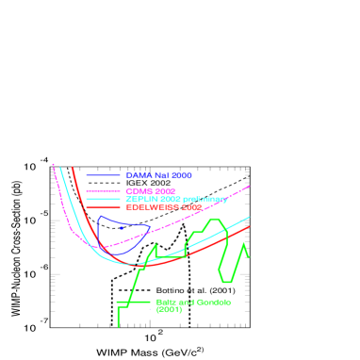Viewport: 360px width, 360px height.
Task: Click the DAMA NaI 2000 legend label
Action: (x=158, y=176)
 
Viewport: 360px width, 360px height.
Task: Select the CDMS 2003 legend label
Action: (x=151, y=191)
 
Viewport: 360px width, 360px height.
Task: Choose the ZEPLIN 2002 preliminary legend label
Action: (x=176, y=199)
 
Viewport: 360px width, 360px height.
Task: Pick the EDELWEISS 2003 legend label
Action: (x=163, y=206)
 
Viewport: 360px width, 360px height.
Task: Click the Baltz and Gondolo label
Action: (x=193, y=303)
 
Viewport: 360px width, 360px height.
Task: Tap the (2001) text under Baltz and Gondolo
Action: (x=169, y=310)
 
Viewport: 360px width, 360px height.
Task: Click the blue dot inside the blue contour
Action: (x=122, y=227)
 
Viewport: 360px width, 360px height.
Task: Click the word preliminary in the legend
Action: (x=205, y=199)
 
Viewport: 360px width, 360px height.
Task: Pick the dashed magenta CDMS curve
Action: (x=217, y=204)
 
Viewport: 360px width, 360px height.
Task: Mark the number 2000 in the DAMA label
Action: (x=182, y=176)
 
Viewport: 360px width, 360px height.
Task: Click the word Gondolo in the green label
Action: (x=213, y=303)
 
